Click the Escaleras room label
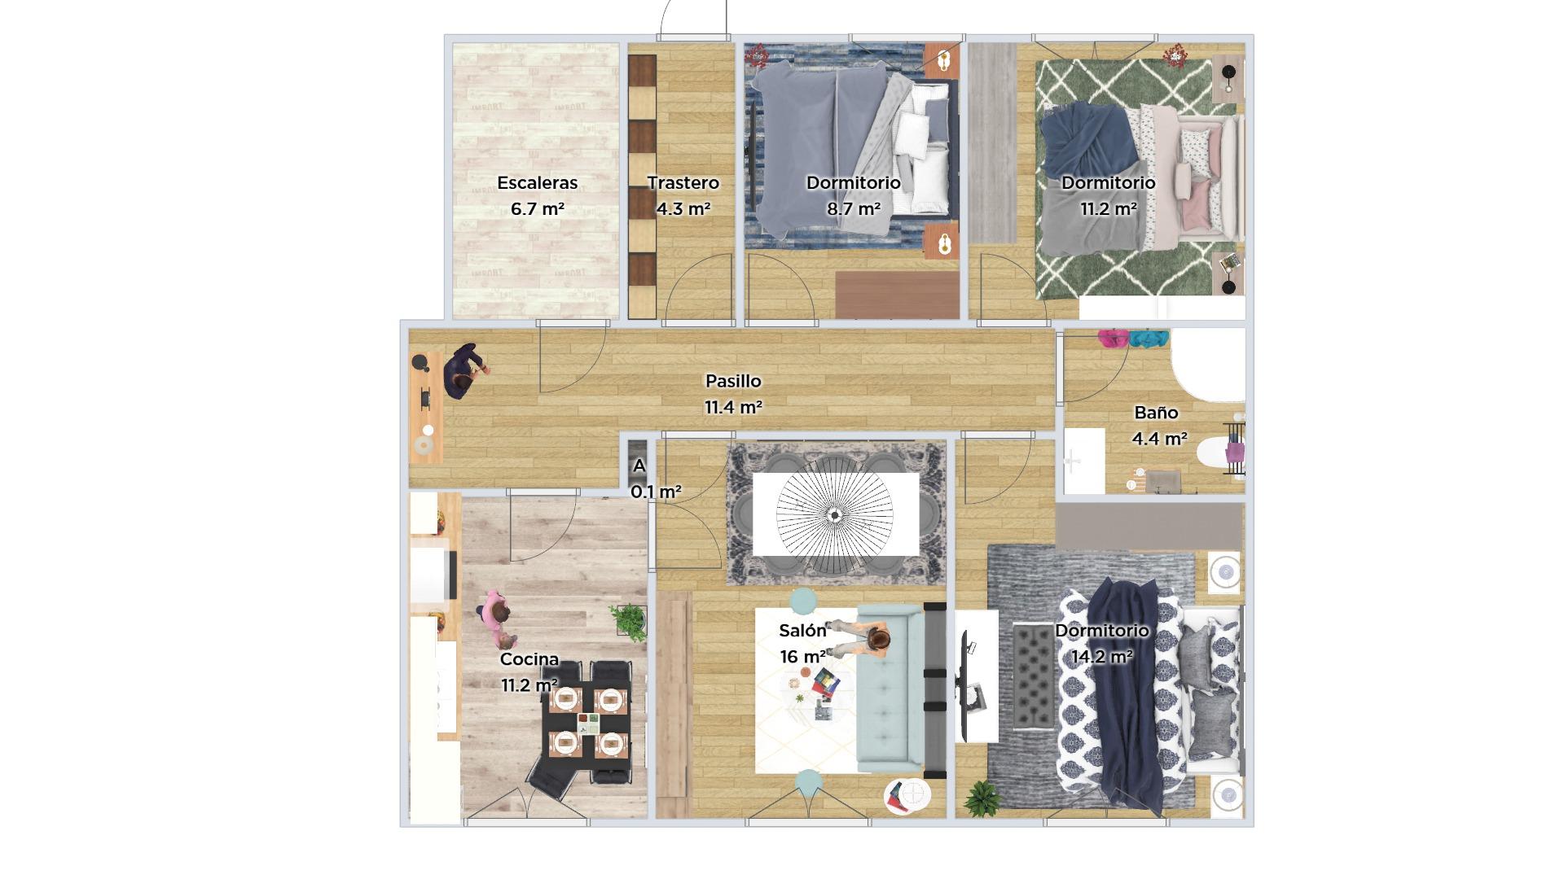point(538,183)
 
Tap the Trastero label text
point(683,183)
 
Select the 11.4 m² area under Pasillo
point(733,407)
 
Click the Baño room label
point(1156,413)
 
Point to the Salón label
point(802,630)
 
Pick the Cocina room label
point(529,659)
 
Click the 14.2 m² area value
point(1101,656)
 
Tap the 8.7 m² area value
point(854,208)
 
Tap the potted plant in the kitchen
point(630,622)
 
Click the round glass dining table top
point(834,514)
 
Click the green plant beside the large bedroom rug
point(982,798)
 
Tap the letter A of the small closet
point(639,466)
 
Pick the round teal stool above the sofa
point(803,601)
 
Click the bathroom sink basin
point(1083,461)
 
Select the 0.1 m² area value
point(656,492)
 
